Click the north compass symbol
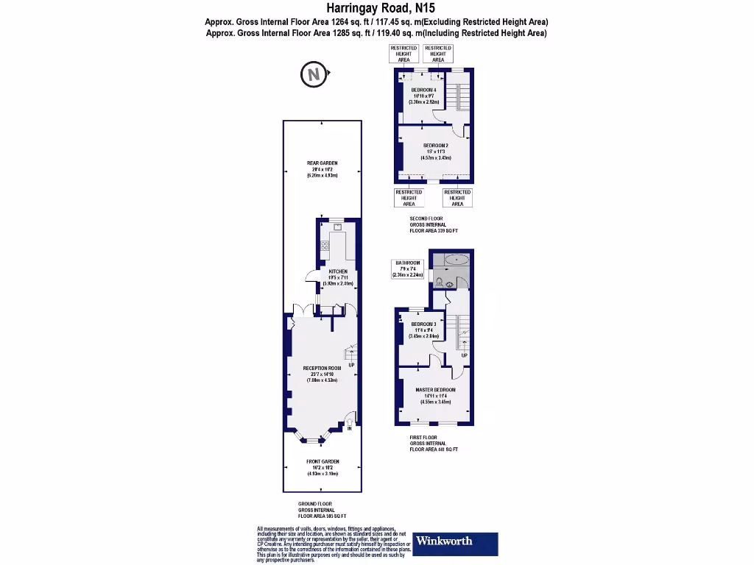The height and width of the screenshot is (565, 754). [x=313, y=74]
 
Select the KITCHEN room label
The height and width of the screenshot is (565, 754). [x=338, y=271]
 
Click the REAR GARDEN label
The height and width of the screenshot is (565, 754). [x=322, y=163]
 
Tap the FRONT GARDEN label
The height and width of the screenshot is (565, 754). [x=322, y=462]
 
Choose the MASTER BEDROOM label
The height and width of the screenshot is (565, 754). [x=435, y=390]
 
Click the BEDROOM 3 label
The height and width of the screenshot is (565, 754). [x=423, y=324]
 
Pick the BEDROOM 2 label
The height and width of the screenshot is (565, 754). [x=435, y=146]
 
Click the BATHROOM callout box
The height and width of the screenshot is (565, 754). [x=408, y=269]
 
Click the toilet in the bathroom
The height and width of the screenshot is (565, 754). [x=440, y=282]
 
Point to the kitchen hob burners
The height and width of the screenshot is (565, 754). [x=324, y=246]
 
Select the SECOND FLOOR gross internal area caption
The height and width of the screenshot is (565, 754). [x=434, y=224]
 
